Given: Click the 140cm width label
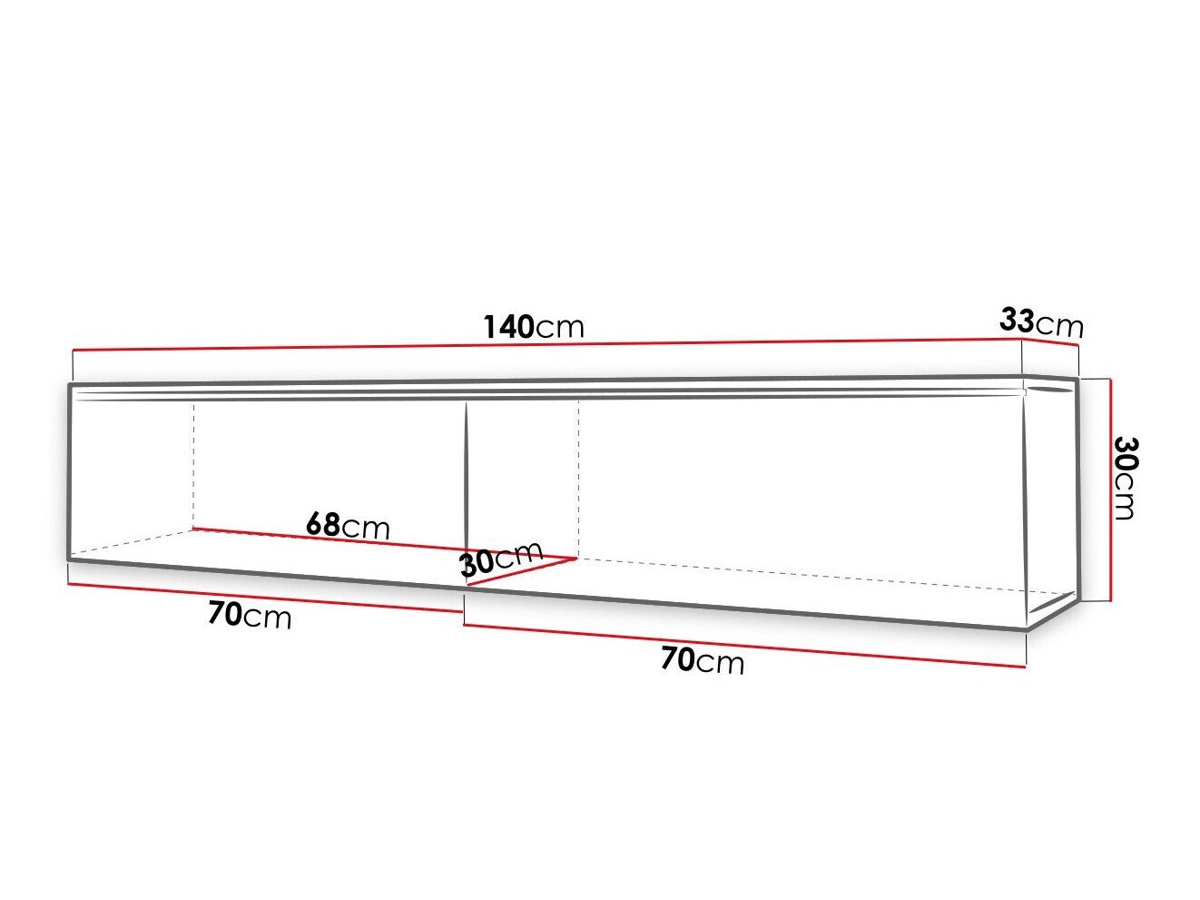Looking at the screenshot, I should tap(534, 326).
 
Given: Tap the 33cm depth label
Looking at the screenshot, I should tap(1041, 321).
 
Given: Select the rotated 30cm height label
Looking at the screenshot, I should tap(1125, 478).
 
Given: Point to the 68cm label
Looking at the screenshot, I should tap(348, 525).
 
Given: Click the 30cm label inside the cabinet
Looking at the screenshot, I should tap(500, 559).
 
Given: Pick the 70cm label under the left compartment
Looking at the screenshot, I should tap(250, 616).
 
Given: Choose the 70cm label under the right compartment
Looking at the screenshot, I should tap(702, 660).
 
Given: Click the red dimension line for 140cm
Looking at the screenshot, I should tap(545, 345).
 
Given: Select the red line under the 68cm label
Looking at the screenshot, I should tap(381, 543).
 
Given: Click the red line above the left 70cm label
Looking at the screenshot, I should tap(263, 597).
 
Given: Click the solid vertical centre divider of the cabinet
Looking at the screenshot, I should tap(466, 481).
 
